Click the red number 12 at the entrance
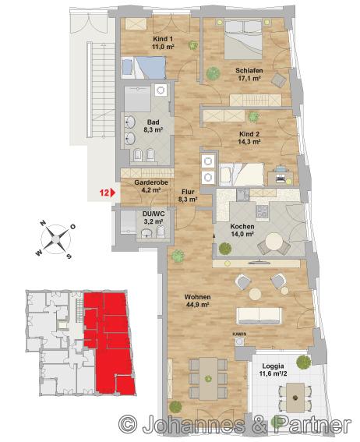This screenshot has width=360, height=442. click(x=104, y=193)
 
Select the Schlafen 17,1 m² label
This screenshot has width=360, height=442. click(x=249, y=74)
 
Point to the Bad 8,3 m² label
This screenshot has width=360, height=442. click(x=154, y=126)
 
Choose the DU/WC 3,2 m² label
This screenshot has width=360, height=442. click(x=154, y=218)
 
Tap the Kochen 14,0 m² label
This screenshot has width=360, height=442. click(x=242, y=230)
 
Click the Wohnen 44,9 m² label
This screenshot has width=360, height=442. click(x=197, y=300)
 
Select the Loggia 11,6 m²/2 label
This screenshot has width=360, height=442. click(x=273, y=370)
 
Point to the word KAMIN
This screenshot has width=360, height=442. click(x=239, y=334)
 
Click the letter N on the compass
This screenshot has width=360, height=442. click(x=43, y=223)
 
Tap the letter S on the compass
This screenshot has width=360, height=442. click(x=69, y=256)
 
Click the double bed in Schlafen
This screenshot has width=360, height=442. click(x=244, y=39)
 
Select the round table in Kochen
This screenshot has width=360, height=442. click(x=274, y=242)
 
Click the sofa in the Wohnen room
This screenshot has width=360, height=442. click(x=259, y=316)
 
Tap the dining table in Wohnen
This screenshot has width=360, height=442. click(x=208, y=379)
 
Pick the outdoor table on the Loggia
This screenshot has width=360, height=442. click(x=295, y=398)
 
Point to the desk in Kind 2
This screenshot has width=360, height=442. click(x=280, y=178)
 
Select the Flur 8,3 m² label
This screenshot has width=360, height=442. click(x=188, y=196)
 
